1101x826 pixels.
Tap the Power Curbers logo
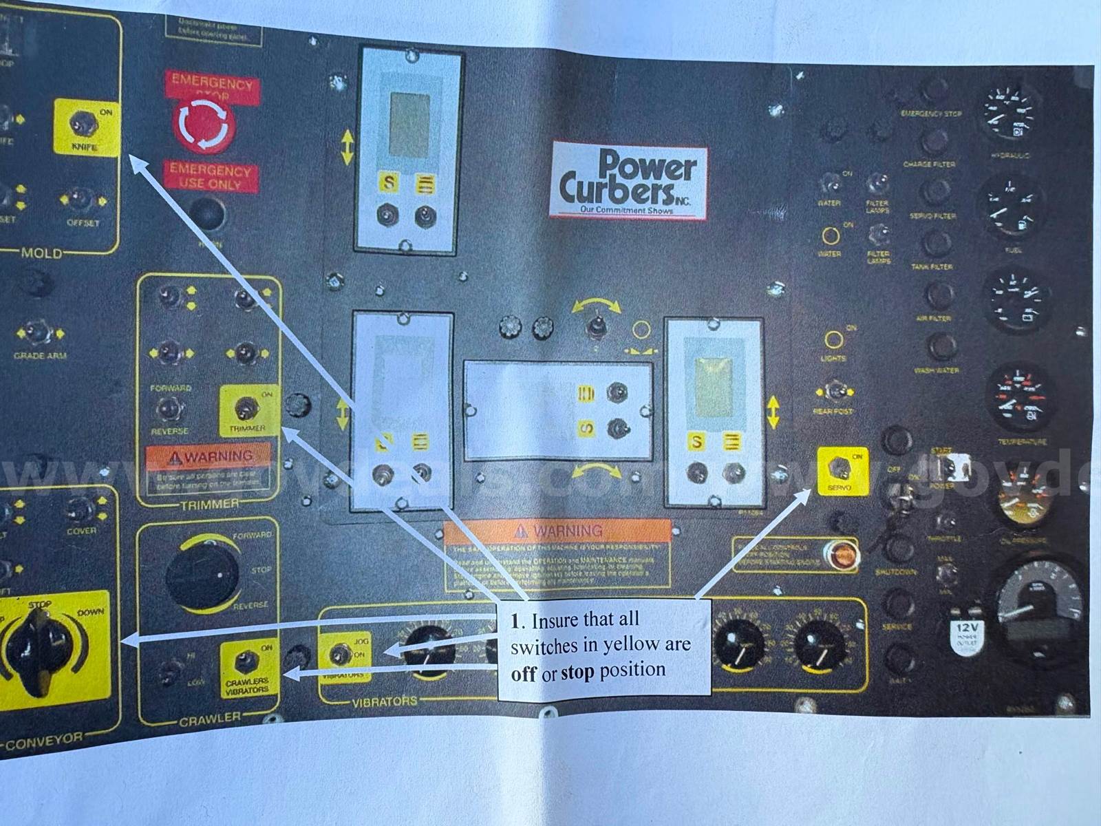629,180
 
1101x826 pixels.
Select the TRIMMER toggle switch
243,410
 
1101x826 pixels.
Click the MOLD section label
41,253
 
